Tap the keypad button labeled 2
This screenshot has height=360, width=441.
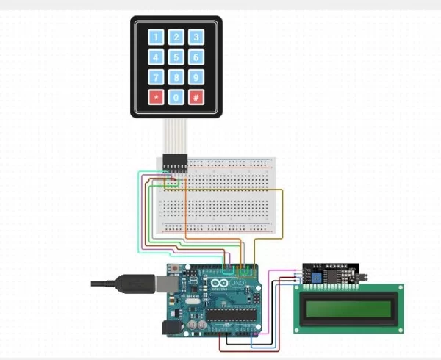[176, 37]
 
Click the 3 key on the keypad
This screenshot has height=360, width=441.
[196, 37]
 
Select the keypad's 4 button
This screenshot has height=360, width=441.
[156, 57]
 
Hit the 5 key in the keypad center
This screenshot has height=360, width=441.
[176, 57]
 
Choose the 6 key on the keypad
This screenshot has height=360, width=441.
[196, 57]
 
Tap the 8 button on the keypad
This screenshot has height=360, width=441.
[176, 77]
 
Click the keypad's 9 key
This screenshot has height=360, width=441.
[196, 77]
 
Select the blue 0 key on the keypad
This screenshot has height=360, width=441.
[176, 97]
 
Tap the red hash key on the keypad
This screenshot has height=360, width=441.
[196, 97]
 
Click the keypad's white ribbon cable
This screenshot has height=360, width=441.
[176, 136]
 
